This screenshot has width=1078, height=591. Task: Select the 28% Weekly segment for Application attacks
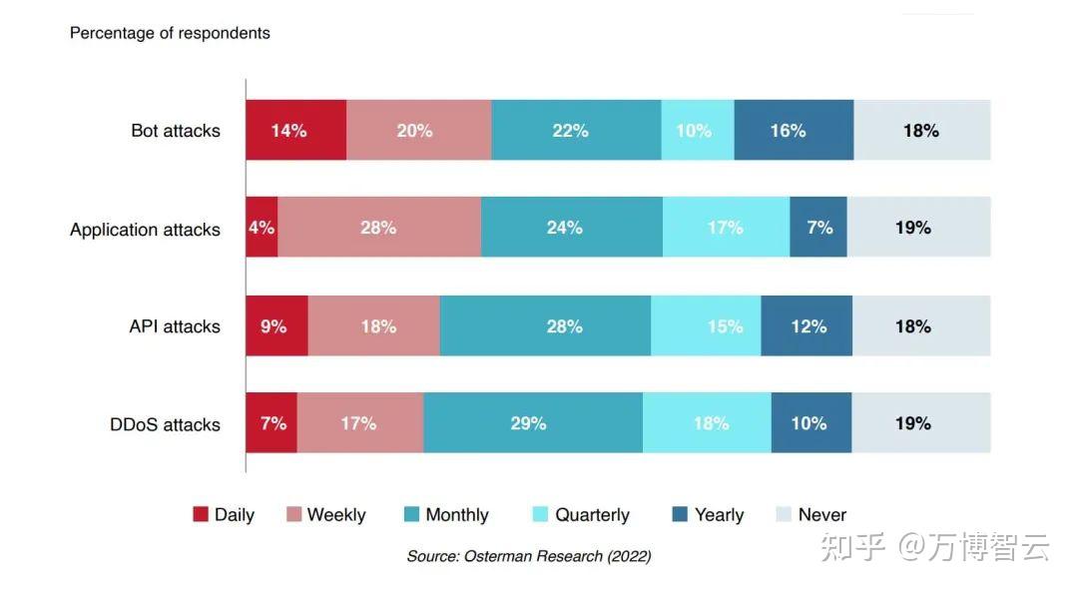(x=379, y=228)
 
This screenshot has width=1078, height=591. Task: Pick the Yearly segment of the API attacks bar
(x=807, y=326)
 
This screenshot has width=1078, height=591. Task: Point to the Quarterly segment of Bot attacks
(x=697, y=130)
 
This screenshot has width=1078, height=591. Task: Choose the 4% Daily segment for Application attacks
(x=262, y=228)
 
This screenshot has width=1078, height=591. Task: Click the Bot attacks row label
(x=176, y=131)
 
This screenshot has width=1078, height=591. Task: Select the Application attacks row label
(x=145, y=230)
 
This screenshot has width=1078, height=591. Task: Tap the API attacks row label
(x=174, y=326)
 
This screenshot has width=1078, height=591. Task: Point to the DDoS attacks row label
(x=165, y=424)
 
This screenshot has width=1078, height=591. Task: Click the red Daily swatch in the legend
(x=201, y=514)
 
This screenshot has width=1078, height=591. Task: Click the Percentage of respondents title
(x=170, y=33)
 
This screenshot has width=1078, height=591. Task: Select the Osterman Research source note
(x=528, y=556)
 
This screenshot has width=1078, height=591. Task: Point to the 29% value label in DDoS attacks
(x=528, y=423)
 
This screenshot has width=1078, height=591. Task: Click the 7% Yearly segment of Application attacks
(x=818, y=228)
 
